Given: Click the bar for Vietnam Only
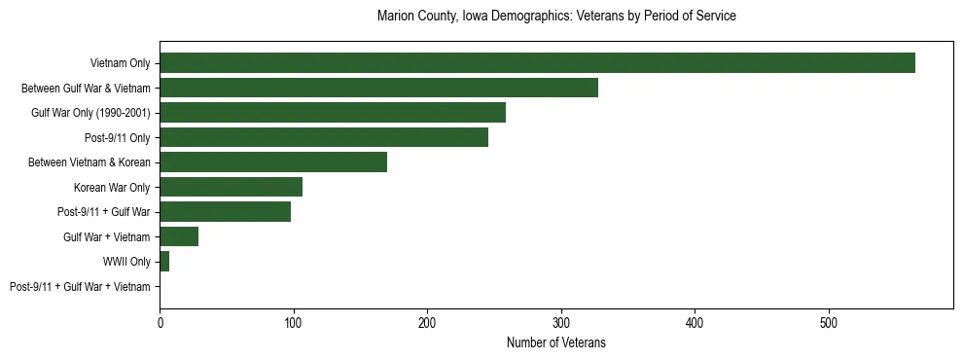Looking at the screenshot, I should (x=537, y=63).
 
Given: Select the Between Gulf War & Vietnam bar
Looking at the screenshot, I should (x=378, y=88).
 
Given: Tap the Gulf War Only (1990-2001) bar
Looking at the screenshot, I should (x=333, y=113).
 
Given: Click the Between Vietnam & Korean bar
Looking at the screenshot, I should (x=273, y=162).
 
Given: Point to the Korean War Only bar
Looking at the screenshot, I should (x=231, y=187).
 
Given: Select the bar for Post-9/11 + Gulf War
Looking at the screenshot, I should (x=225, y=212).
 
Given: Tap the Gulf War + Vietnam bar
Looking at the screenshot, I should (x=179, y=236).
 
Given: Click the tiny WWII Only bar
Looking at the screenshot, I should (x=164, y=262).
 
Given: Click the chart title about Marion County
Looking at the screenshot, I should (x=556, y=17).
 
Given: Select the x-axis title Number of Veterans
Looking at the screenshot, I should (x=556, y=342).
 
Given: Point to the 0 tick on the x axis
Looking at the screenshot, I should (x=160, y=321).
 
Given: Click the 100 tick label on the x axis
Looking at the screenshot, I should (x=294, y=321).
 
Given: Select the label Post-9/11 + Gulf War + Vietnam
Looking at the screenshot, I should (x=80, y=287).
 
